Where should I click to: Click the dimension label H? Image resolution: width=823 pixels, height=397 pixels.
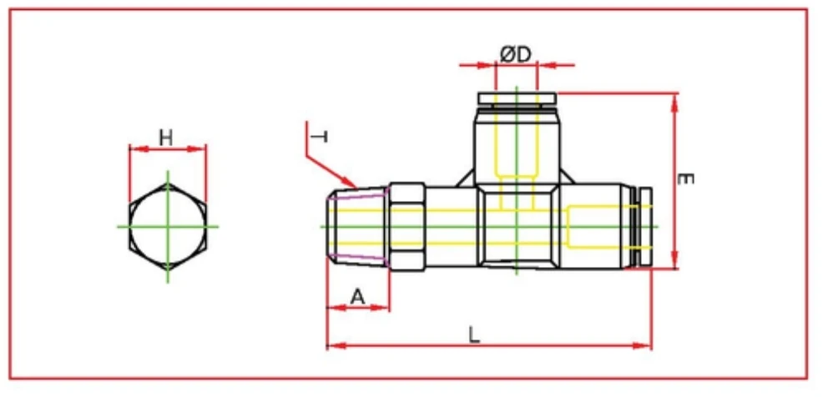[x=166, y=137]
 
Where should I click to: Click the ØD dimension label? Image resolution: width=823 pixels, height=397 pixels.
[x=516, y=54]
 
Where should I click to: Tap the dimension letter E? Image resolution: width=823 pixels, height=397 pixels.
[x=686, y=179]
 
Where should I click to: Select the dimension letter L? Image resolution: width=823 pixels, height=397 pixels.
[x=473, y=334]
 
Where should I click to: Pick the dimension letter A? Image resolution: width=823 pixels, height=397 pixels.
[x=357, y=296]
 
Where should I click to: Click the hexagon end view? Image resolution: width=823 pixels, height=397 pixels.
[x=168, y=226]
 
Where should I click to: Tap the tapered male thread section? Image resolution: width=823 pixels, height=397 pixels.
[x=357, y=226]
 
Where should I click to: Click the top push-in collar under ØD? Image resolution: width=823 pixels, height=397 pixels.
[x=516, y=99]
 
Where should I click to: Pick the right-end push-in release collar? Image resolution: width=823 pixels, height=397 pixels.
[x=641, y=226]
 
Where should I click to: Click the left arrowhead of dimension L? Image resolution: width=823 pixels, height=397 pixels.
[x=331, y=344]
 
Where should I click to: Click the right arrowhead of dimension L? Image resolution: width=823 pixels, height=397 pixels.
[x=647, y=344]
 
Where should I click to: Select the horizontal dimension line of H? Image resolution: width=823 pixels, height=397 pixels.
[x=168, y=149]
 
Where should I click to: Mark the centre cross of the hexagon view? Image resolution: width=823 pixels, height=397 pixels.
[x=168, y=226]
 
